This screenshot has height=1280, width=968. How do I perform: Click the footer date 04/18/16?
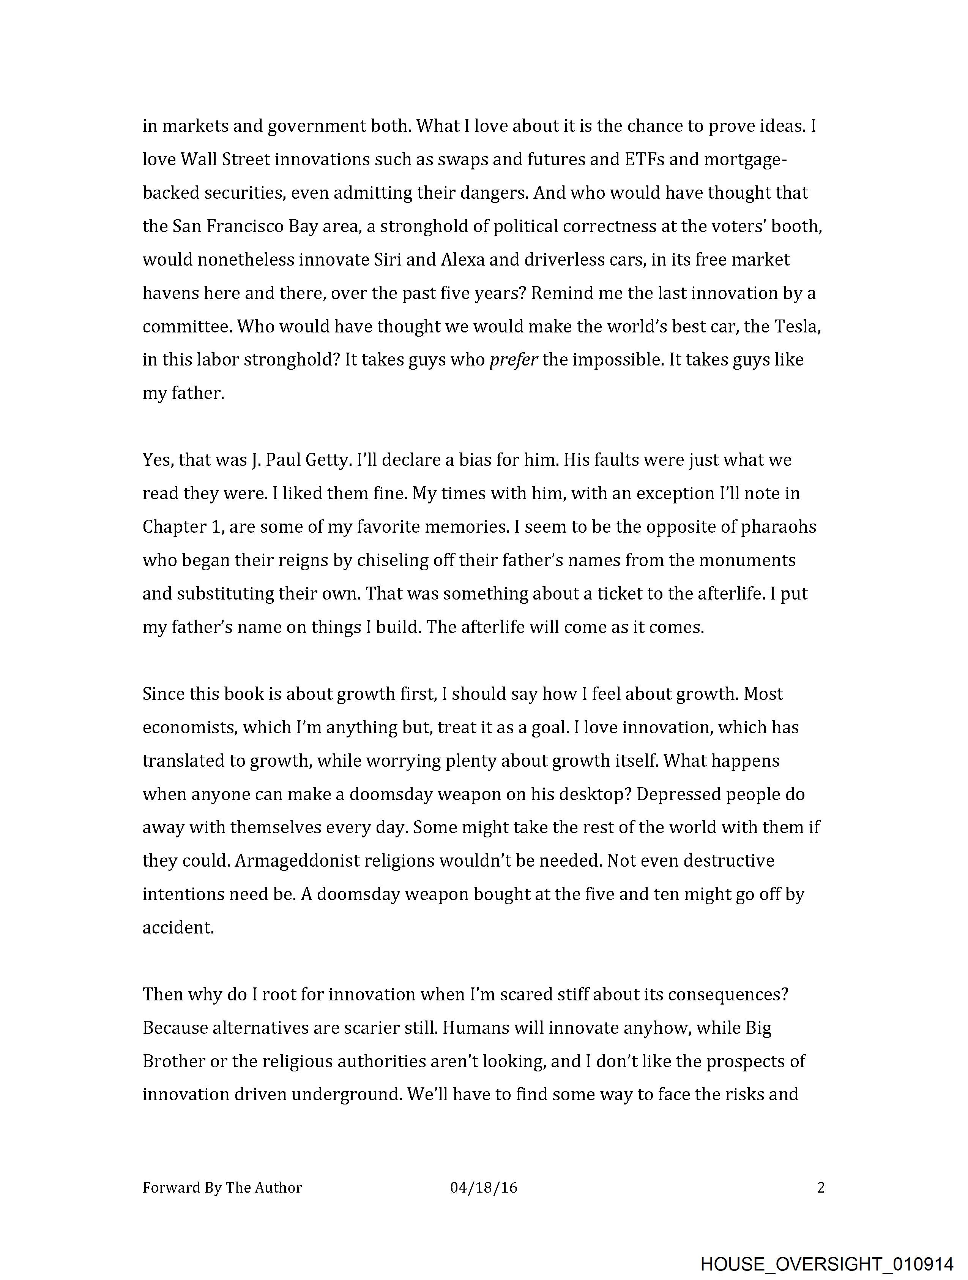point(483,1187)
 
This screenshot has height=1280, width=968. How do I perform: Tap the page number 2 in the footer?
point(821,1187)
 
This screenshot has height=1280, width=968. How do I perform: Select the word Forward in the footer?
point(171,1187)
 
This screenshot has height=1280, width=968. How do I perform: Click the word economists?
point(190,727)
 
